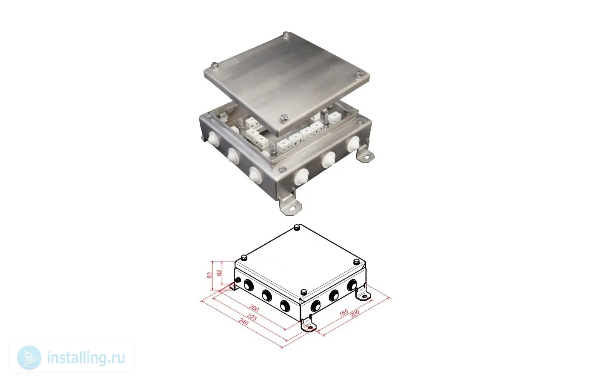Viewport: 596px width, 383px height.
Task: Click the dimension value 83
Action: click(209, 275)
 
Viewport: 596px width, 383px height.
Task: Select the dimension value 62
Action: click(219, 273)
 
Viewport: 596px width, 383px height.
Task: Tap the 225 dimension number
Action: click(252, 317)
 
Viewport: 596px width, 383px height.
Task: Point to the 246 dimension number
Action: click(244, 322)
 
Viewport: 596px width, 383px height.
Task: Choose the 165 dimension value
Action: click(344, 313)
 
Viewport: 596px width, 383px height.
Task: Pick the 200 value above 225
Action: click(254, 308)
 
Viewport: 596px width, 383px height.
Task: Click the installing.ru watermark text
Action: click(86, 357)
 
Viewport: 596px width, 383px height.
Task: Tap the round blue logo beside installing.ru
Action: click(29, 358)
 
